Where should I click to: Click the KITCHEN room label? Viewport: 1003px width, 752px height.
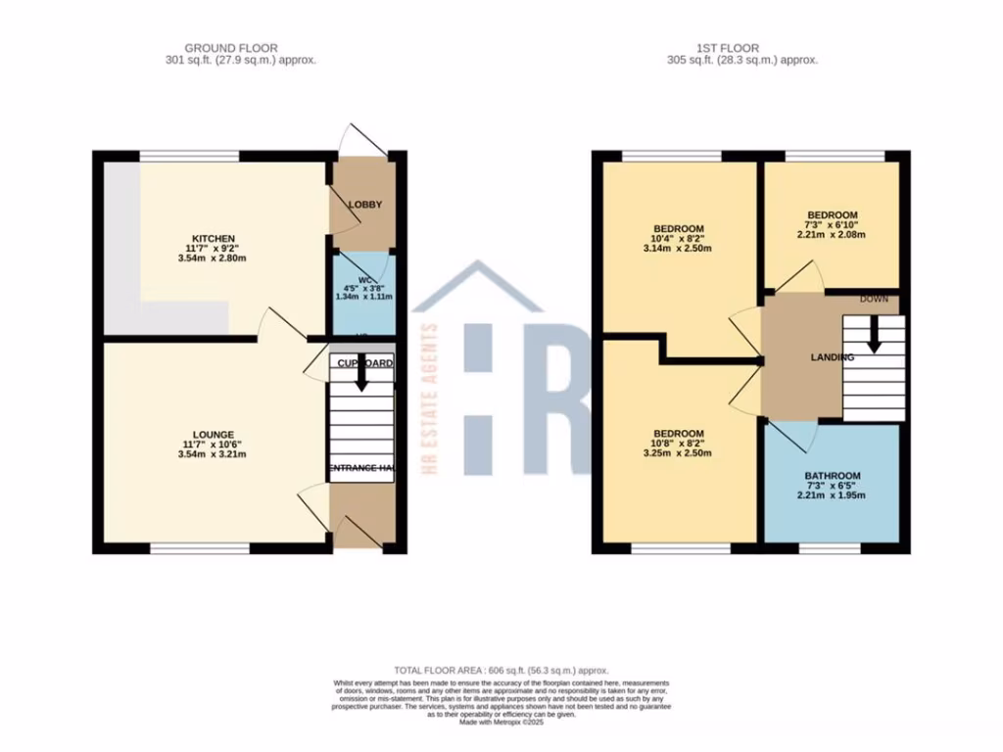click(x=213, y=239)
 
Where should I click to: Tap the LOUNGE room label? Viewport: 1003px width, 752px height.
click(x=213, y=435)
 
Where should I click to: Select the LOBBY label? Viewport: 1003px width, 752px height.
click(x=364, y=205)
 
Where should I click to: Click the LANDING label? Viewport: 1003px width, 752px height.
click(x=832, y=357)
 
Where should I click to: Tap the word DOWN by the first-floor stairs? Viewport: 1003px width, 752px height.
click(x=875, y=299)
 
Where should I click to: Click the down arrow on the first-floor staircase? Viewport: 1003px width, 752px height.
click(x=875, y=337)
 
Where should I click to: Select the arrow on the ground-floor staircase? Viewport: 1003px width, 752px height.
click(x=361, y=377)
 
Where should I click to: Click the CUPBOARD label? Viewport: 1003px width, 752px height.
click(x=364, y=363)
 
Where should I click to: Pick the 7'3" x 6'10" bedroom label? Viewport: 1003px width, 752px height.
click(x=833, y=215)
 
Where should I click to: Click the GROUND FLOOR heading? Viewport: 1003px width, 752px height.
click(x=231, y=47)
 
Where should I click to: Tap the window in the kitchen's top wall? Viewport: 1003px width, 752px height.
click(x=190, y=156)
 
